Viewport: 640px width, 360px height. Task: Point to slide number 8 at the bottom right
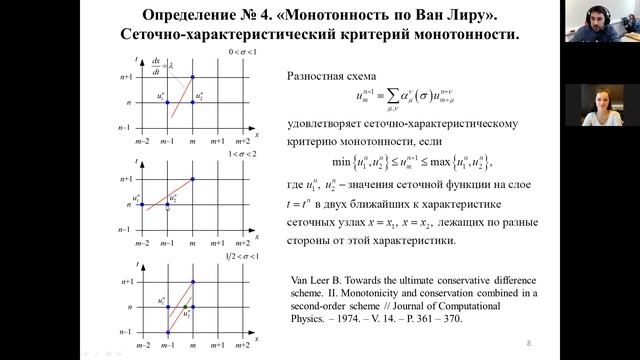click(x=527, y=343)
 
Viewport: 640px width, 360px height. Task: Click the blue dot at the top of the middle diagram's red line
click(x=193, y=178)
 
